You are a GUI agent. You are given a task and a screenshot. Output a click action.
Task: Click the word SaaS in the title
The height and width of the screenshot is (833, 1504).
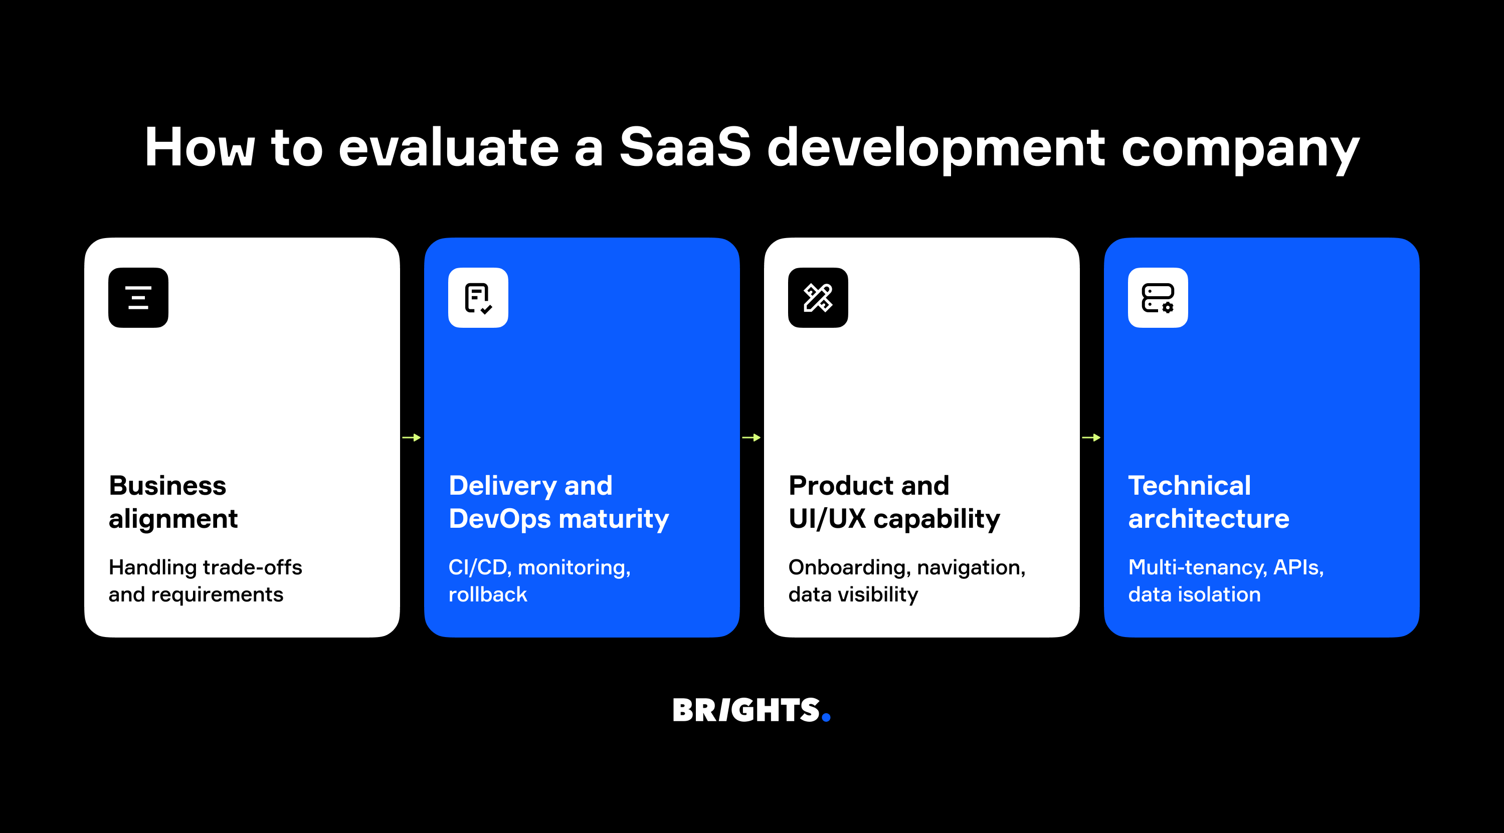pyautogui.click(x=684, y=147)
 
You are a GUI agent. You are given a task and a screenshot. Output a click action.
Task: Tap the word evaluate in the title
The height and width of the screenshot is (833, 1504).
pyautogui.click(x=448, y=147)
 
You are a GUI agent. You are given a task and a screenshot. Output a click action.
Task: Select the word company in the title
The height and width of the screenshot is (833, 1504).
pyautogui.click(x=1240, y=149)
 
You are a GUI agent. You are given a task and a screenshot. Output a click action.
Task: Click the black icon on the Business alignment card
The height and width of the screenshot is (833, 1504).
pyautogui.click(x=138, y=298)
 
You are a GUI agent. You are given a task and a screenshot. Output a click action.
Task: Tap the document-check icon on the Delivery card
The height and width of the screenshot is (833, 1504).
pyautogui.click(x=478, y=298)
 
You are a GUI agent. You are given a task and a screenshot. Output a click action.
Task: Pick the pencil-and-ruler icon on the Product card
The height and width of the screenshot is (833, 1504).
pyautogui.click(x=818, y=298)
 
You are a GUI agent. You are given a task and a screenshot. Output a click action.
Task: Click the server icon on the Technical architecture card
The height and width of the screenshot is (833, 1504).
pyautogui.click(x=1158, y=298)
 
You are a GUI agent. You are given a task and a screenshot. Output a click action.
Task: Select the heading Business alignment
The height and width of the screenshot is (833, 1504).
pyautogui.click(x=173, y=502)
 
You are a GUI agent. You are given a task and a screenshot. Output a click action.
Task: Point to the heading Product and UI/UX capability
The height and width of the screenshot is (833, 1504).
pyautogui.click(x=894, y=502)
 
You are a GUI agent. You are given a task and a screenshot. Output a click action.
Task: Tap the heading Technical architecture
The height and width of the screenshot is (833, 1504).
pyautogui.click(x=1209, y=502)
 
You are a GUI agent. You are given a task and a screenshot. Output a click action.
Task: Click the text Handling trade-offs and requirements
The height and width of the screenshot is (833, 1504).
pyautogui.click(x=205, y=580)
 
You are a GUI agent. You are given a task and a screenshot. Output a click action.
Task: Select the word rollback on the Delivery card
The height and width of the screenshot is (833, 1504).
pyautogui.click(x=487, y=594)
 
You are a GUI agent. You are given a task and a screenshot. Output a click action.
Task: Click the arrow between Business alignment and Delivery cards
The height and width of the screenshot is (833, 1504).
pyautogui.click(x=412, y=437)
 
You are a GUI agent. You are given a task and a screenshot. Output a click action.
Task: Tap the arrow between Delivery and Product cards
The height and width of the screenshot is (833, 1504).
pyautogui.click(x=751, y=437)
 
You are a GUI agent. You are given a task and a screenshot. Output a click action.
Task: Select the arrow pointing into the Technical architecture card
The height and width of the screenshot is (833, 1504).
pyautogui.click(x=1091, y=437)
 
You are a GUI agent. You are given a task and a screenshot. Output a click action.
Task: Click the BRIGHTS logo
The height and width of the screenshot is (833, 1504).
pyautogui.click(x=746, y=710)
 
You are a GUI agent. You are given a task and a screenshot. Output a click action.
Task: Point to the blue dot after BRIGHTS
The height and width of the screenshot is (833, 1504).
pyautogui.click(x=826, y=717)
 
